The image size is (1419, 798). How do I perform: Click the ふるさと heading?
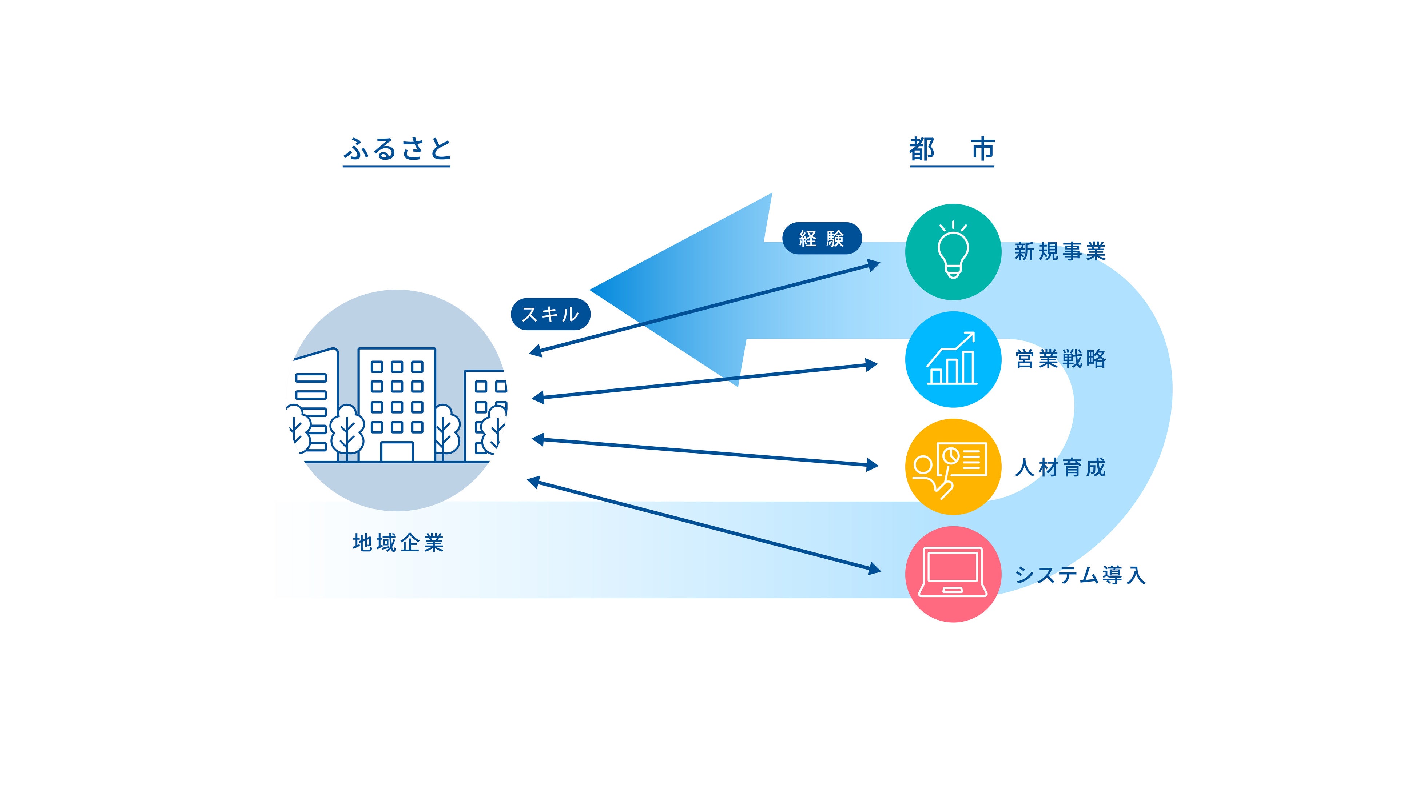click(x=397, y=149)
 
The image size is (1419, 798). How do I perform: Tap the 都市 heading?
click(x=951, y=149)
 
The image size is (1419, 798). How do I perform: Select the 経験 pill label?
click(x=821, y=239)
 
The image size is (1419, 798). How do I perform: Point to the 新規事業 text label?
click(x=1060, y=252)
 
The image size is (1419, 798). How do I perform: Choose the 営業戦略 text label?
click(x=1060, y=359)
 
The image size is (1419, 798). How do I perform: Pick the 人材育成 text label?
click(x=1060, y=468)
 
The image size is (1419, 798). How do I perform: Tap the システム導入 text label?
click(x=1080, y=575)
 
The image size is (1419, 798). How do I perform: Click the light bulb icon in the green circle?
click(x=953, y=251)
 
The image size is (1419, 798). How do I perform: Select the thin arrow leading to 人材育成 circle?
click(x=705, y=453)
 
